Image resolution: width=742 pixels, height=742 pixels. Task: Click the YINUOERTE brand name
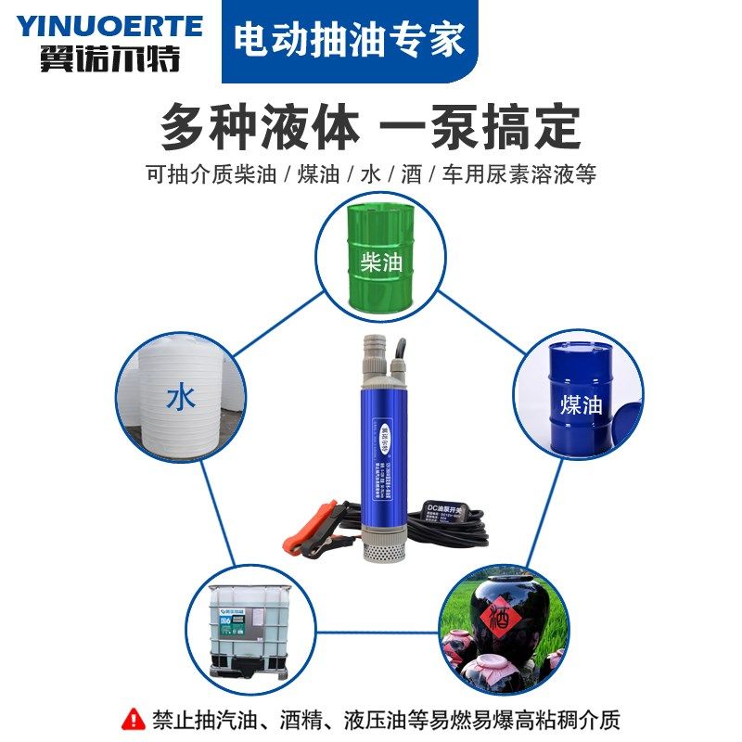click(x=109, y=25)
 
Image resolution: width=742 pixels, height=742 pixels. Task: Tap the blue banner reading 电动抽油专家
click(x=349, y=42)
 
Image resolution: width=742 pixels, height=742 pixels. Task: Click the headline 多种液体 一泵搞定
click(x=370, y=127)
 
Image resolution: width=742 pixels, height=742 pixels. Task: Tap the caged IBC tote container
click(x=248, y=625)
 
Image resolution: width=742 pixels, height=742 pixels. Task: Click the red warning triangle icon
click(x=134, y=718)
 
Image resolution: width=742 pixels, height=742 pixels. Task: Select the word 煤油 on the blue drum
click(x=582, y=405)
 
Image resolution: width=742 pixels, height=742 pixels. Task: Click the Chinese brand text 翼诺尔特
click(x=109, y=59)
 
